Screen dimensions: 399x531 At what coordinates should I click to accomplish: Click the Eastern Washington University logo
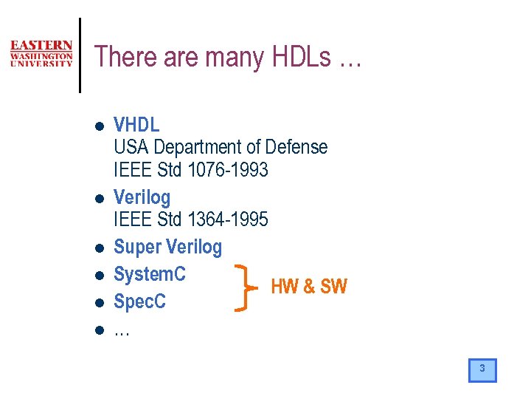[x=41, y=54]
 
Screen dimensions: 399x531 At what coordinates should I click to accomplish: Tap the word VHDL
[x=136, y=125]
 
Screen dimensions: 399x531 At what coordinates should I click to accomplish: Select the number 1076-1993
[x=228, y=170]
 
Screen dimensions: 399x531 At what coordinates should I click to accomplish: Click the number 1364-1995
[x=228, y=219]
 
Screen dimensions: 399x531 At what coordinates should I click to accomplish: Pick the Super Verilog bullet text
[x=167, y=247]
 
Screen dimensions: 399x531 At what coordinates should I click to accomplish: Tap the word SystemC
[x=150, y=274]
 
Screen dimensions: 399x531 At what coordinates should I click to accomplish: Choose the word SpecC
[x=139, y=301]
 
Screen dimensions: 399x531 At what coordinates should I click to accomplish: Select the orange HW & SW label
[x=309, y=287]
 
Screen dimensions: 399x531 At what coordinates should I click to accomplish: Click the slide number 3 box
[x=482, y=369]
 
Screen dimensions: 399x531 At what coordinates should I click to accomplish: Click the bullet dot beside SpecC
[x=97, y=303]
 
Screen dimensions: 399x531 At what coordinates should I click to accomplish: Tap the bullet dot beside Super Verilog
[x=97, y=248]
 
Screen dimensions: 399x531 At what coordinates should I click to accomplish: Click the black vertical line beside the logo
[x=80, y=55]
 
